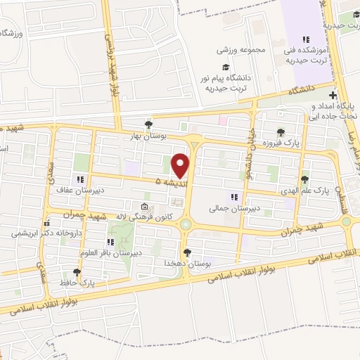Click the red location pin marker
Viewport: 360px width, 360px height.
pos(181,164)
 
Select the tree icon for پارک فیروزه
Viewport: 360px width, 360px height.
pos(281,131)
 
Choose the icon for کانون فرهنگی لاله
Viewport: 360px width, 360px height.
pos(144,207)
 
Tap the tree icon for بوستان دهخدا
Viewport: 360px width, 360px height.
pos(187,252)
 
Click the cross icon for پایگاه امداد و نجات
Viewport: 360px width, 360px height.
pos(333,96)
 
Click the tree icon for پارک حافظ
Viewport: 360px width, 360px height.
pos(77,272)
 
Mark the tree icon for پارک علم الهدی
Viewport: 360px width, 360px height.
pos(304,180)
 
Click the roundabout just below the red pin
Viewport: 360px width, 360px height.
pos(186,224)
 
